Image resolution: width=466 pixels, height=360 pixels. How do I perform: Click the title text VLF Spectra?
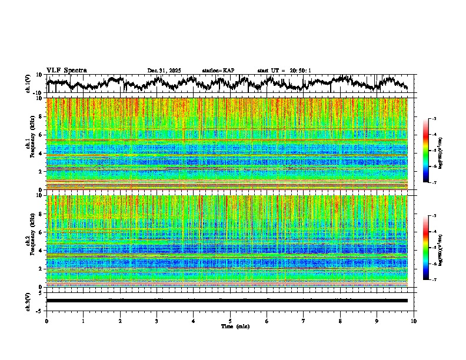(66, 71)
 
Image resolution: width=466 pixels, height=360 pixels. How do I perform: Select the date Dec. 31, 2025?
(164, 71)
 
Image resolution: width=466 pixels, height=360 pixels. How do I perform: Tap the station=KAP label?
(218, 71)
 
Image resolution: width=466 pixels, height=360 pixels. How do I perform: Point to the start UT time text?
(284, 71)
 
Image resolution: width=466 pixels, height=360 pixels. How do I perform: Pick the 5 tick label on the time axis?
(230, 321)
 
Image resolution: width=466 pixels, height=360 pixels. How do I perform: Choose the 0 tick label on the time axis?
(46, 321)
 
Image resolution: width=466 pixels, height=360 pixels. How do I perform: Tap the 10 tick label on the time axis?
(414, 321)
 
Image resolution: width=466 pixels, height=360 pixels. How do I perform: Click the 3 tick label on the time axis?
(157, 321)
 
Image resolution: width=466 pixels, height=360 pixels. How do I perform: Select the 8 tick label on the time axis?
(340, 321)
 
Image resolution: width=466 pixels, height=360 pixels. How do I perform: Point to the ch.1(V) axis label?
(29, 84)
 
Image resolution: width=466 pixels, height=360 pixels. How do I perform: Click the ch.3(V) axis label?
(29, 301)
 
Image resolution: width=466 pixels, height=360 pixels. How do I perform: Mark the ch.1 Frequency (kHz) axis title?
(31, 144)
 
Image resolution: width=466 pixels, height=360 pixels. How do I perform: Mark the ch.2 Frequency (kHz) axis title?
(31, 241)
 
